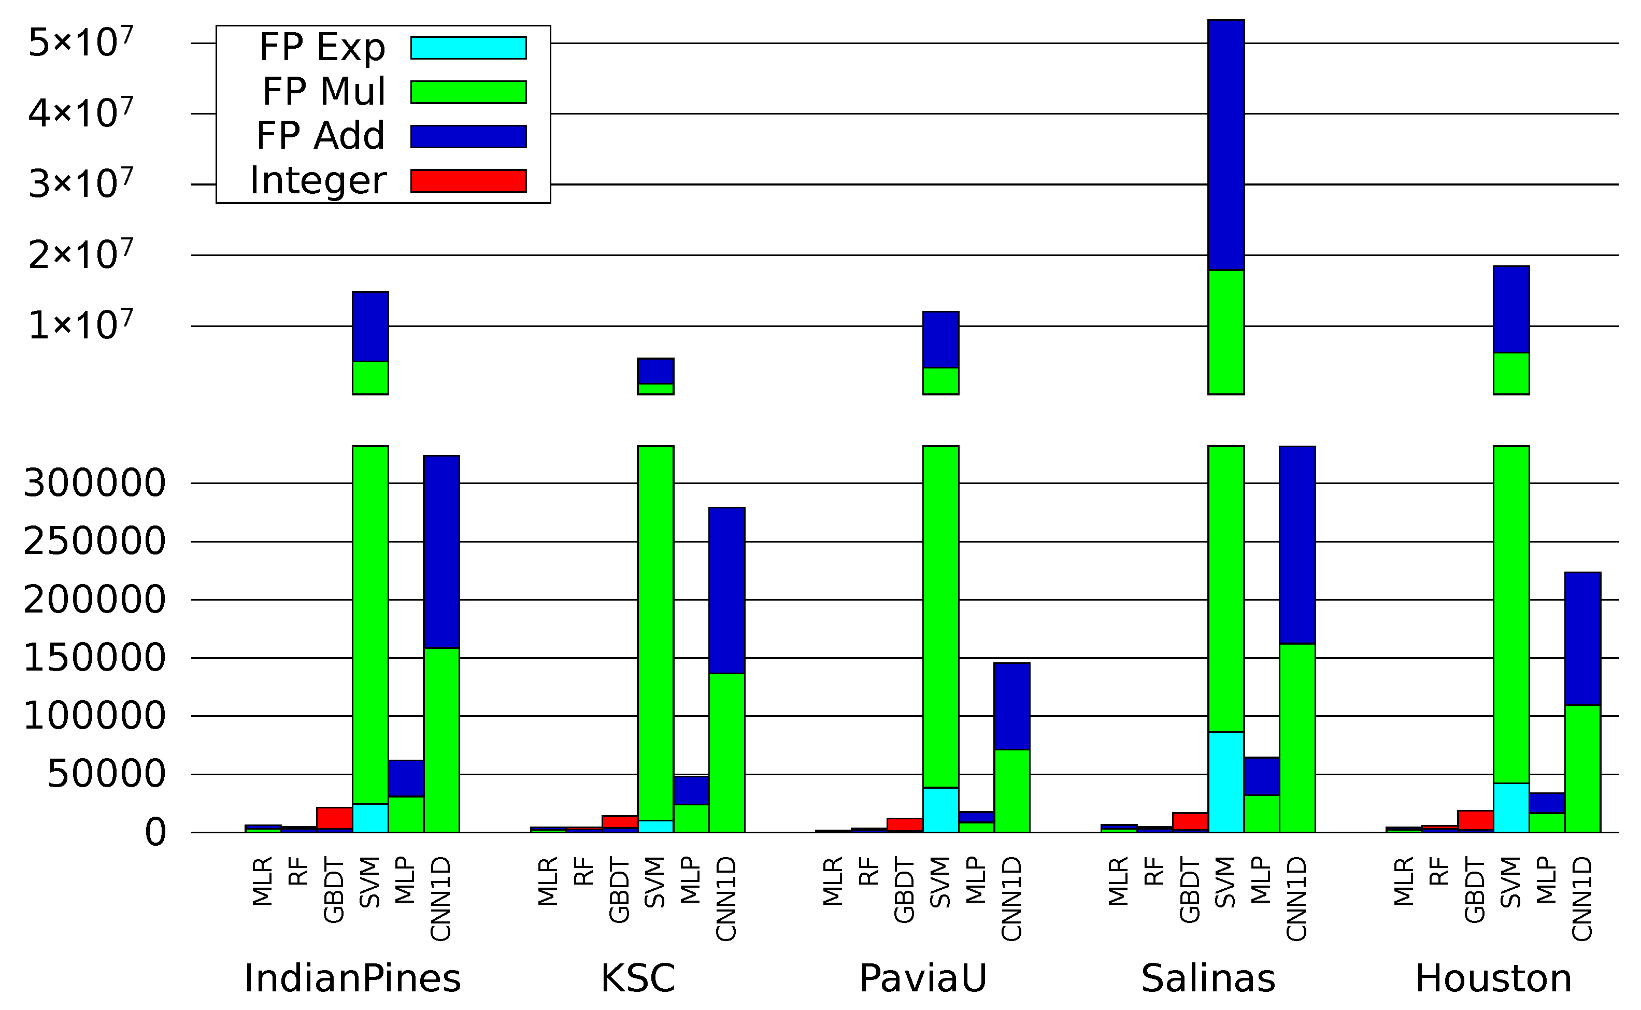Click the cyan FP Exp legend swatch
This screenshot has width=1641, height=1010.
pos(468,48)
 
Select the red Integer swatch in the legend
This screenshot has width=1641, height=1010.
pos(468,180)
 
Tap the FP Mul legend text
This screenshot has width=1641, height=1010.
pos(323,92)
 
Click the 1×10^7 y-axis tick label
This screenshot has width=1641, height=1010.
pos(80,325)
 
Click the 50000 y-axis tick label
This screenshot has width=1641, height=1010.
pos(106,774)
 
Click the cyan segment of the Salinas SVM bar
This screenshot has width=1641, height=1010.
pos(1225,782)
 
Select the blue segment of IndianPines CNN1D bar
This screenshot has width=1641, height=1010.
pos(441,552)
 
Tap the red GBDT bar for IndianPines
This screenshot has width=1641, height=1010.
pos(334,818)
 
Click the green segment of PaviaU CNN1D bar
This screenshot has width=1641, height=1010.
pos(1011,791)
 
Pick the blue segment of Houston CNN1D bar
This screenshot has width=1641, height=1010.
pos(1582,638)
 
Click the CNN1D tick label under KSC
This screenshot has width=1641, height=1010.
pos(726,899)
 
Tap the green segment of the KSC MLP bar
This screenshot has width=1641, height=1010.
pos(691,818)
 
